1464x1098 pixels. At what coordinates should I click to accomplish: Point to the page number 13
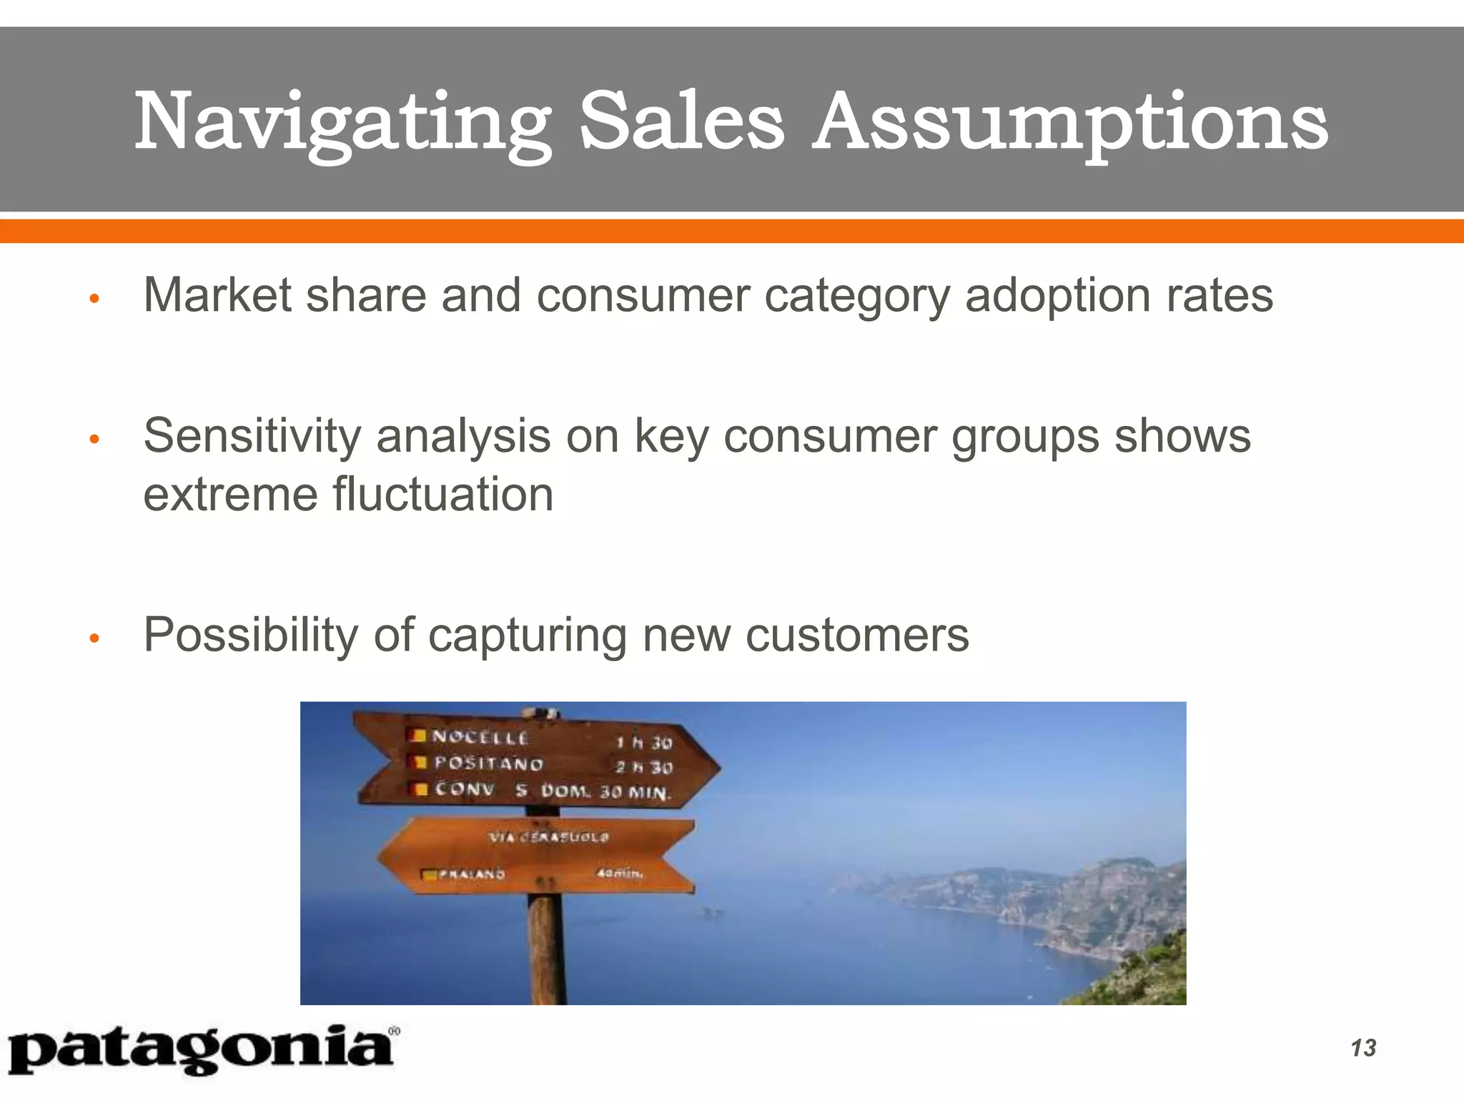click(1363, 1048)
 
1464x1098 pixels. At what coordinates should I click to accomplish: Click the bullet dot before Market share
click(93, 299)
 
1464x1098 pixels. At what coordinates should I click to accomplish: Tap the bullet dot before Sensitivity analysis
click(93, 440)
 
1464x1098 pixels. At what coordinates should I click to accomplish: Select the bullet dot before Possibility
click(93, 638)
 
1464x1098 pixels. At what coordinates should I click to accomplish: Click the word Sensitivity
click(252, 436)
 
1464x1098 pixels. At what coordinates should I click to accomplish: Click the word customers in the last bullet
click(857, 635)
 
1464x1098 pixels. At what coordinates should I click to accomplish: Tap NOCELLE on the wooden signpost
click(480, 737)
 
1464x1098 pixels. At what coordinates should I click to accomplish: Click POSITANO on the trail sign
click(489, 763)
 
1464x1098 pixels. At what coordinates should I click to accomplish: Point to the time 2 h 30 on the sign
click(643, 768)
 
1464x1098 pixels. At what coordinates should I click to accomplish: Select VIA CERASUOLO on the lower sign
click(548, 836)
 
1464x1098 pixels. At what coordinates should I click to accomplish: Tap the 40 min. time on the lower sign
click(619, 873)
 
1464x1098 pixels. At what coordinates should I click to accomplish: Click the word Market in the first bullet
click(217, 295)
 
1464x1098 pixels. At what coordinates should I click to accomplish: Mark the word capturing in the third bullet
click(527, 635)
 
